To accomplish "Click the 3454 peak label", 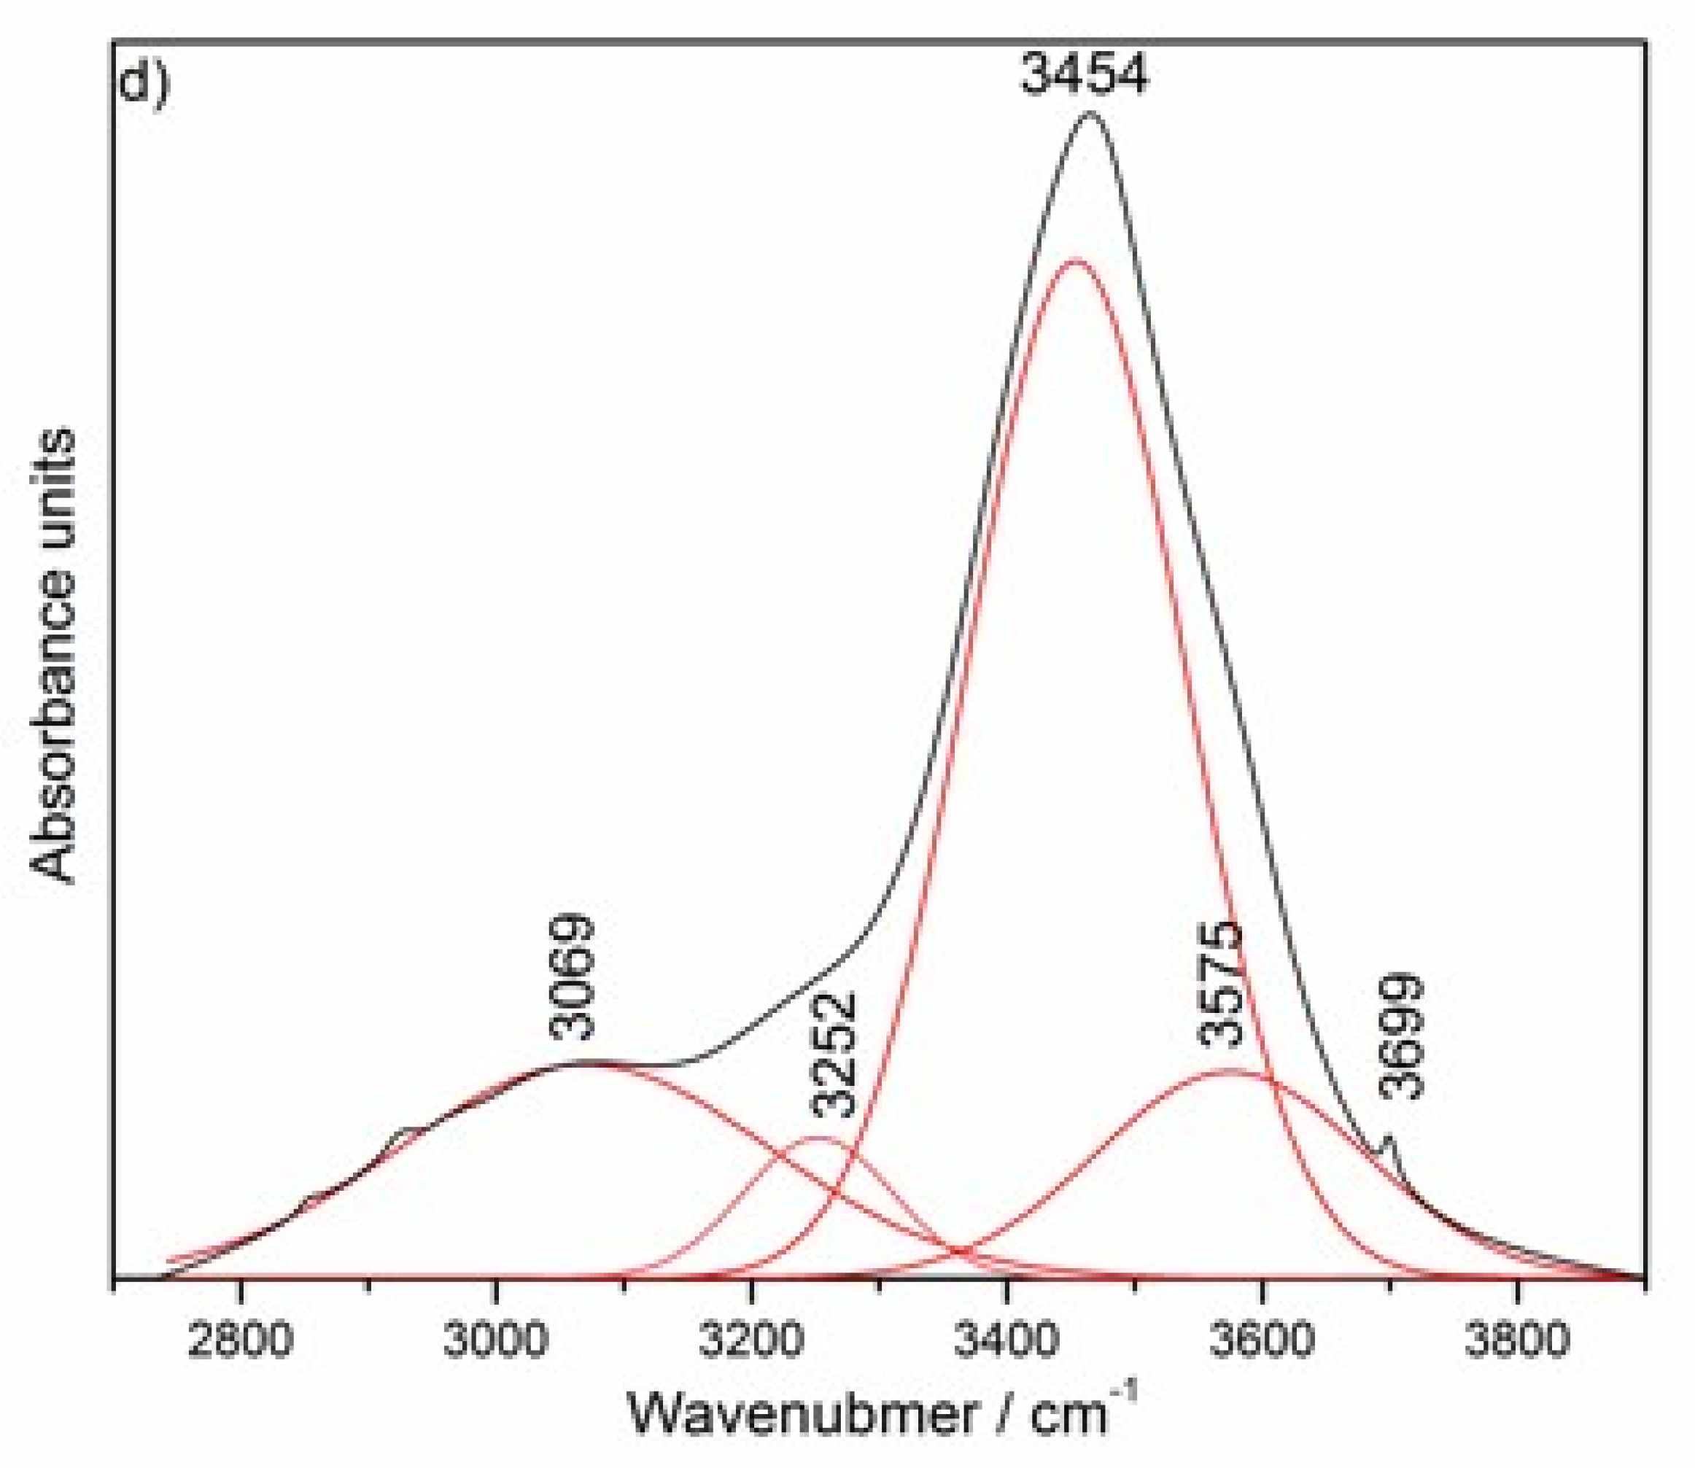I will (1084, 75).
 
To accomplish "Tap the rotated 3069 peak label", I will (572, 979).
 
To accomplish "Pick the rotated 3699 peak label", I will (1403, 1037).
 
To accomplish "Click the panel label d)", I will (144, 82).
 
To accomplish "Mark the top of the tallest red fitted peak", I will (1076, 261).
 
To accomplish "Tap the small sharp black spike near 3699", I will (1388, 1138).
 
